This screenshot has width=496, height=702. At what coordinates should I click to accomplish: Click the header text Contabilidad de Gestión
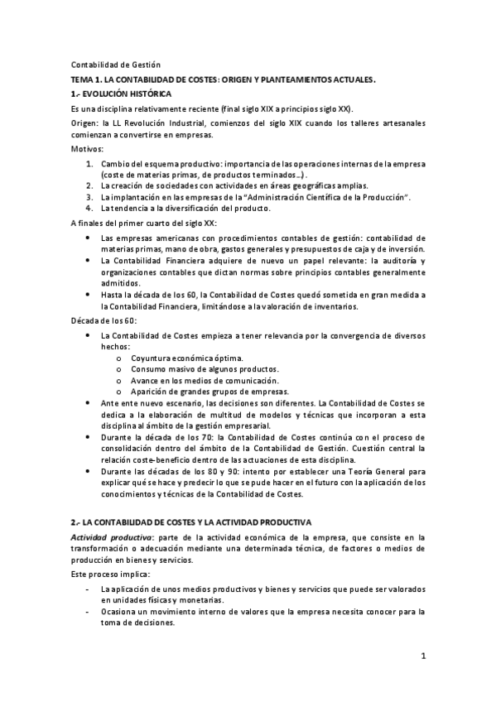(x=115, y=65)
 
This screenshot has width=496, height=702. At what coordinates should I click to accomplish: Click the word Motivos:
(x=88, y=149)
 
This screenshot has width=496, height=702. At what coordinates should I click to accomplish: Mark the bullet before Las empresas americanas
(x=89, y=238)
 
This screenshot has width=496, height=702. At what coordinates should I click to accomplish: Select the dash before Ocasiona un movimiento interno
(x=89, y=612)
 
